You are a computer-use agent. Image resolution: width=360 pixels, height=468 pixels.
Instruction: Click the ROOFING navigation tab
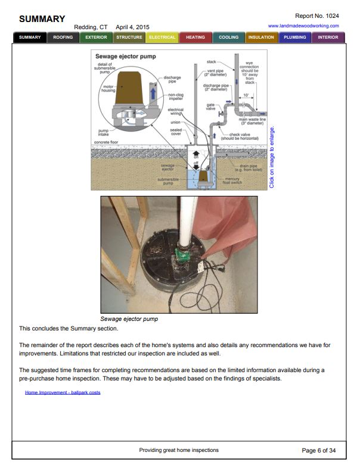tap(63, 38)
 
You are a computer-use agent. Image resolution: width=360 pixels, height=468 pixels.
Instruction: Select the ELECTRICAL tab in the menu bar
tap(163, 38)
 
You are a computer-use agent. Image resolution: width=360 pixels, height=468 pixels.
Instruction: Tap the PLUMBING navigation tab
tap(295, 38)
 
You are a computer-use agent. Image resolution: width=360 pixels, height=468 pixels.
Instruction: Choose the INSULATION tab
tap(262, 38)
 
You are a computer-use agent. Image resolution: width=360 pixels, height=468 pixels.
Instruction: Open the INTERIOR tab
tap(328, 38)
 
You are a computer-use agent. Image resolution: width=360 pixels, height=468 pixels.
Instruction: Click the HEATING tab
tap(195, 38)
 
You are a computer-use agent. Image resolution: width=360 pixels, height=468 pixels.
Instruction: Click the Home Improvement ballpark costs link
tap(63, 393)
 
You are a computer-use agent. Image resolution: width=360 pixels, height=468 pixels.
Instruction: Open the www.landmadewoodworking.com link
tap(303, 26)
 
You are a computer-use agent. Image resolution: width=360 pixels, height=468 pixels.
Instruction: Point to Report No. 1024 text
tap(316, 15)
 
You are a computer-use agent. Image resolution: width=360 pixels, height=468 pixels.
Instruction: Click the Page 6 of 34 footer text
tap(319, 450)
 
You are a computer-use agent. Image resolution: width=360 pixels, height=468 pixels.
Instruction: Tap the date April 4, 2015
tap(133, 27)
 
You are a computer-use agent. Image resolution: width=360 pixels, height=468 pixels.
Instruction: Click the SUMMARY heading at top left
tap(42, 19)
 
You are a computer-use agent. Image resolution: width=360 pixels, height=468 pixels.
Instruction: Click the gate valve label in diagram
tap(210, 107)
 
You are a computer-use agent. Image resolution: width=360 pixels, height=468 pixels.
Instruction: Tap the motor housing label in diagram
tap(108, 89)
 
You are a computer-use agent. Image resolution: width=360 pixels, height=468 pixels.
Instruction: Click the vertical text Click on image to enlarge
tap(272, 157)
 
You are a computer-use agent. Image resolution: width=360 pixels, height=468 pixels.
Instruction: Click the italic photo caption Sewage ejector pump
tap(129, 319)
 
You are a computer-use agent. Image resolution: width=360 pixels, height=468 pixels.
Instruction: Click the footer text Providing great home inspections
tap(179, 450)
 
